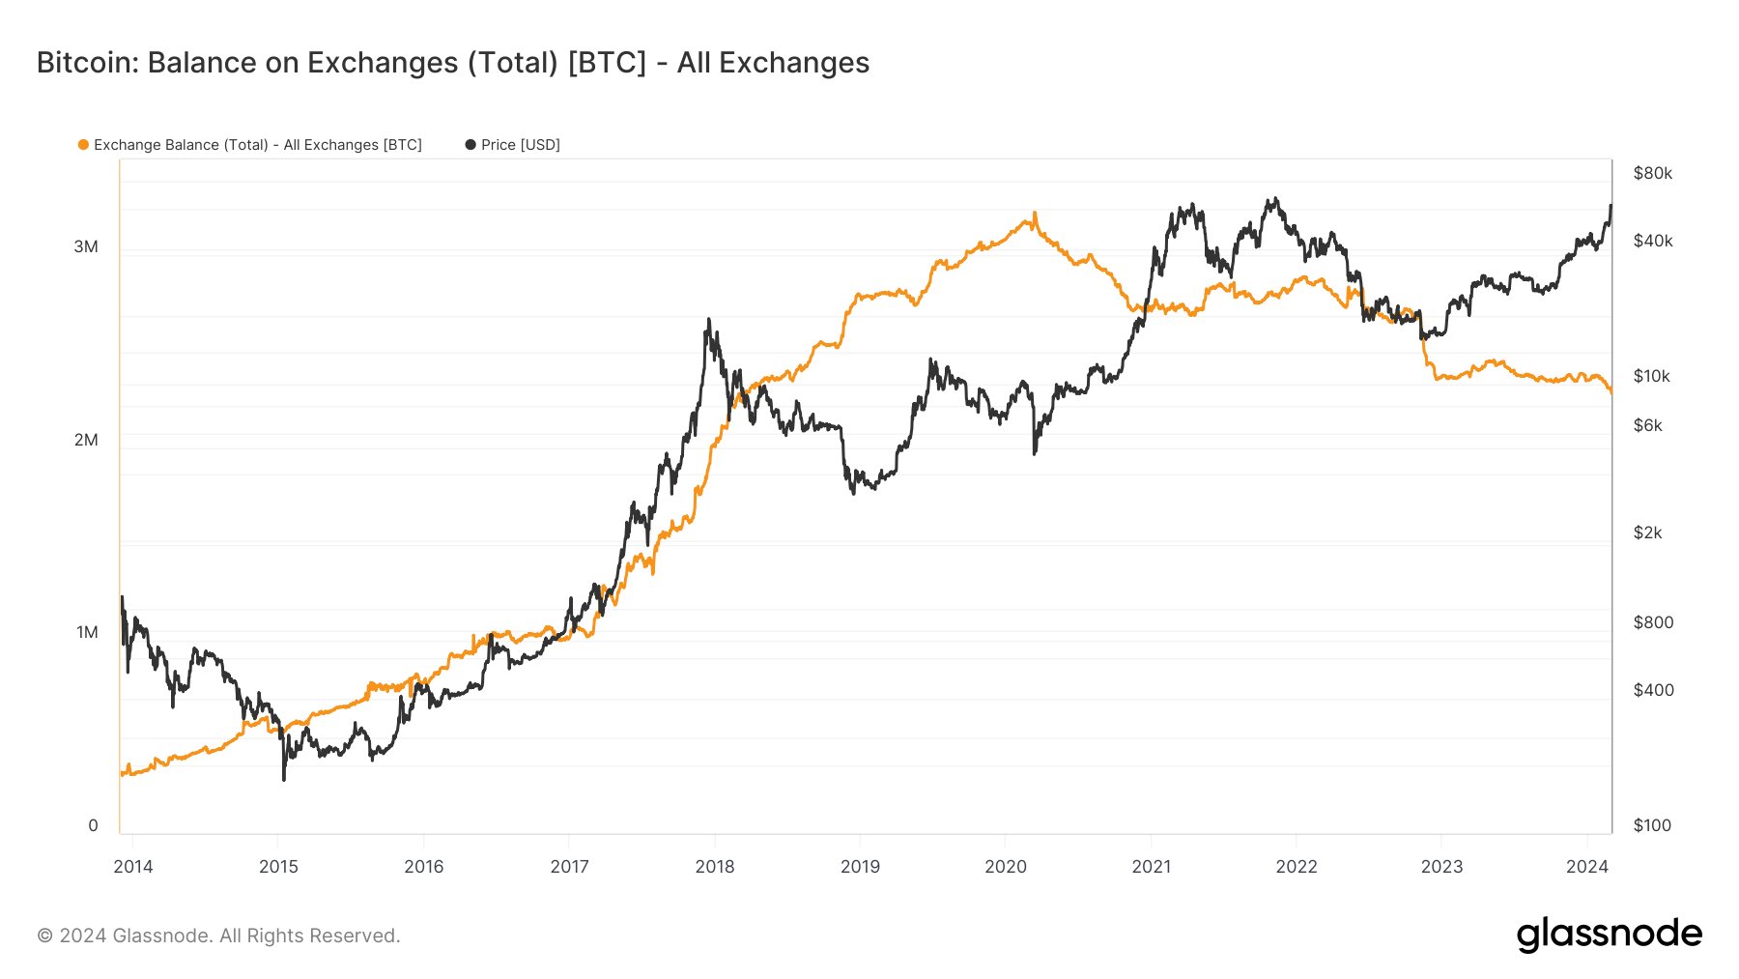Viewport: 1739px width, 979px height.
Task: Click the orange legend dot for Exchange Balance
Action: click(83, 145)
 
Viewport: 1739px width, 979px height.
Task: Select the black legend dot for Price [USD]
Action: click(470, 145)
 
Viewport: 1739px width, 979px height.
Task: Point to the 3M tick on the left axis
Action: click(86, 246)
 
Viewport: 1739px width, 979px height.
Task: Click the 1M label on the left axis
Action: click(87, 632)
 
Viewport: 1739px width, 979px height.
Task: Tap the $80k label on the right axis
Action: click(1652, 173)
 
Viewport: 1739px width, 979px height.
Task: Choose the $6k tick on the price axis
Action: click(1647, 425)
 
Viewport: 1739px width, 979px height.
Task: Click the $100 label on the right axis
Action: click(1651, 825)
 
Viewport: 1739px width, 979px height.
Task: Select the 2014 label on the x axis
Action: click(133, 866)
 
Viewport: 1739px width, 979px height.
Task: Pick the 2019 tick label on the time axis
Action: click(860, 866)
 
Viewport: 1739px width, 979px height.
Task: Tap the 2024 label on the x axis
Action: click(1586, 866)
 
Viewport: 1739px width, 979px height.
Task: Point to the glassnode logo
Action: click(1609, 935)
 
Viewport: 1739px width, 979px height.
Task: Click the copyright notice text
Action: click(218, 936)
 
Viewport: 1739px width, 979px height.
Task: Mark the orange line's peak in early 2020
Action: click(1035, 214)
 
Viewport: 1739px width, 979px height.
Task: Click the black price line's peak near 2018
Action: click(709, 320)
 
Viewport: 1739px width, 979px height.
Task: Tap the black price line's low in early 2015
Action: click(284, 778)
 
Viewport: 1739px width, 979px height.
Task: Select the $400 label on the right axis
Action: click(1653, 690)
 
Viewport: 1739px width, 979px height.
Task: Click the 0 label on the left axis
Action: click(93, 825)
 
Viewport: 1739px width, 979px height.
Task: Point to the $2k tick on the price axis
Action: click(1647, 533)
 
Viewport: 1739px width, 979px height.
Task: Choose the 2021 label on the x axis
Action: click(1151, 866)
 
